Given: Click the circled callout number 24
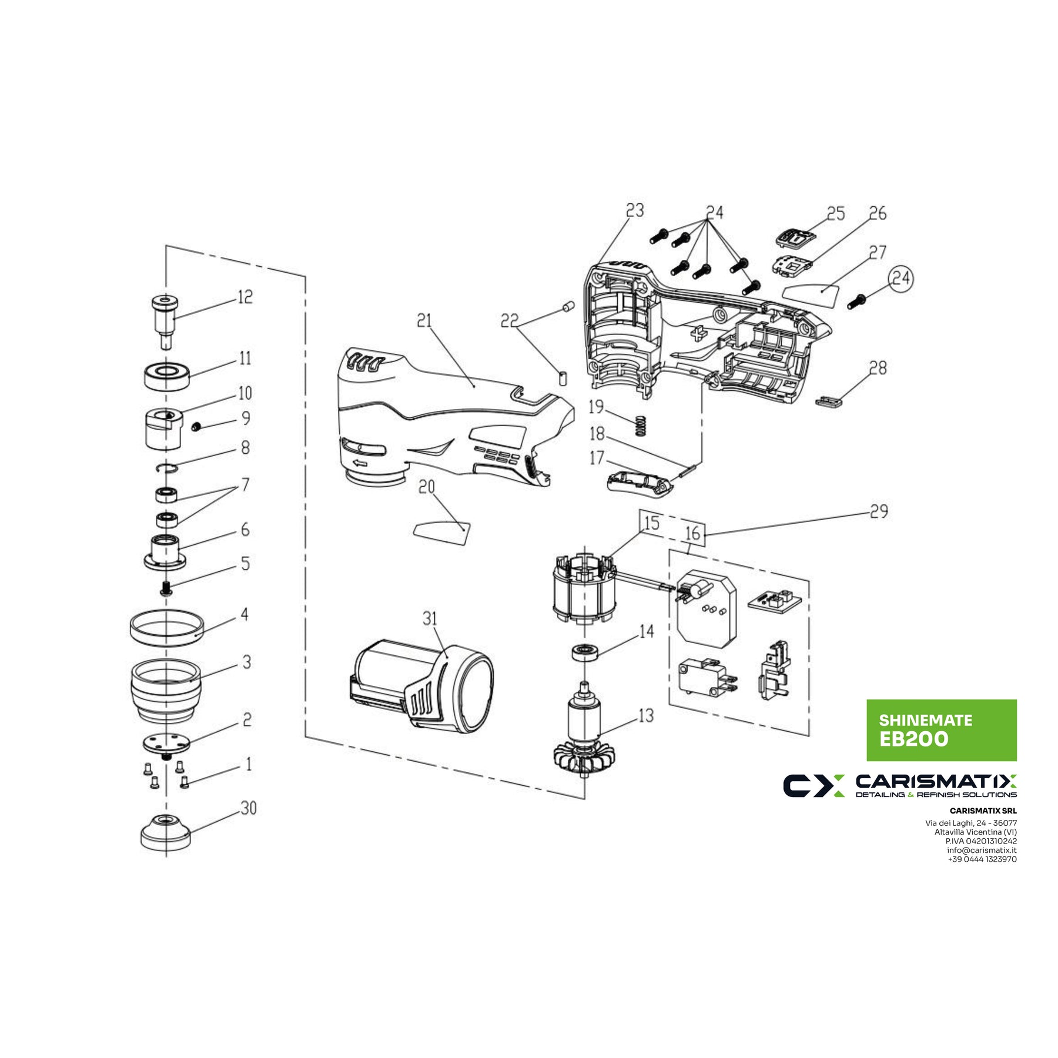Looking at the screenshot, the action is click(901, 278).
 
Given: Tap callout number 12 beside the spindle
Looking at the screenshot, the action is click(245, 297).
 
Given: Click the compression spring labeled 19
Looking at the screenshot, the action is click(640, 424).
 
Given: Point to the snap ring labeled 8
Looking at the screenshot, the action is click(168, 467).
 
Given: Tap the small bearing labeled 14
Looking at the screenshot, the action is click(584, 652).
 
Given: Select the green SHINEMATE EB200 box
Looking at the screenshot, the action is click(942, 730).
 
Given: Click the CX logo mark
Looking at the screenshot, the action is click(813, 785).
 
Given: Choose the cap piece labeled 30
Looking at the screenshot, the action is click(166, 831).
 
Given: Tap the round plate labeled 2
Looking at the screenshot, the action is click(167, 743).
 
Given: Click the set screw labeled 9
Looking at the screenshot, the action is click(197, 426).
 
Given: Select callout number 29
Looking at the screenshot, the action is click(879, 511).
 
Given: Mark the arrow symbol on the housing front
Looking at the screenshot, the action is click(360, 464).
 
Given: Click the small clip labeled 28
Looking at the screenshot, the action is click(829, 401).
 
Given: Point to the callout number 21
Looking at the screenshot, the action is click(424, 321).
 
